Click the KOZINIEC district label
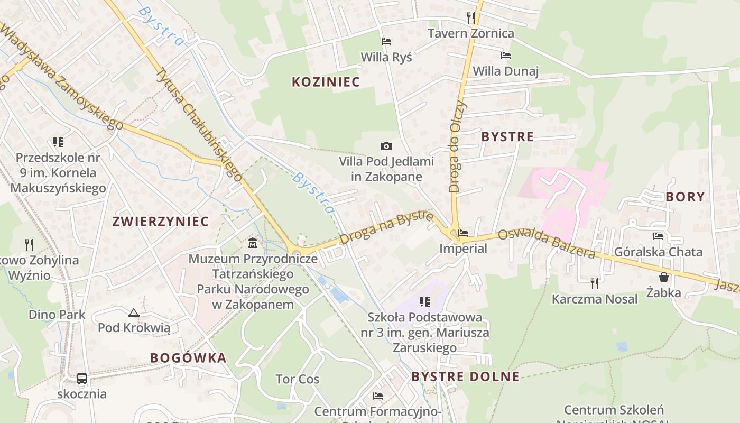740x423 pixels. click(326, 82)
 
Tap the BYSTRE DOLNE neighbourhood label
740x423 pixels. click(465, 376)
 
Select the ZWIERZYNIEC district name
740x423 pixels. click(160, 221)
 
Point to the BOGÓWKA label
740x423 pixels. click(188, 358)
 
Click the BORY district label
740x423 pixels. click(685, 197)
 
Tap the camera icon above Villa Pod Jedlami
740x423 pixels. click(386, 146)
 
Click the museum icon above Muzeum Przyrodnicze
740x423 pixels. click(253, 243)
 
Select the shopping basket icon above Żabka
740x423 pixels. click(664, 277)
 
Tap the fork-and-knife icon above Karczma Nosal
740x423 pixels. click(595, 283)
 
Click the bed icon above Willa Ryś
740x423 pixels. click(386, 42)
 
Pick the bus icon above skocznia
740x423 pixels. click(82, 379)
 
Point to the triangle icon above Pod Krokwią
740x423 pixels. click(134, 312)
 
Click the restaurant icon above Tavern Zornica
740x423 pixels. click(470, 18)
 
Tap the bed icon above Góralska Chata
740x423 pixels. click(658, 236)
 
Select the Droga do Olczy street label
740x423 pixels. click(457, 145)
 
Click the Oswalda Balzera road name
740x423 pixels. click(547, 244)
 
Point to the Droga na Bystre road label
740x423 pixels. click(386, 227)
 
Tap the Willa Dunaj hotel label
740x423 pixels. click(505, 71)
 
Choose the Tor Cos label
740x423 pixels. click(298, 379)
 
